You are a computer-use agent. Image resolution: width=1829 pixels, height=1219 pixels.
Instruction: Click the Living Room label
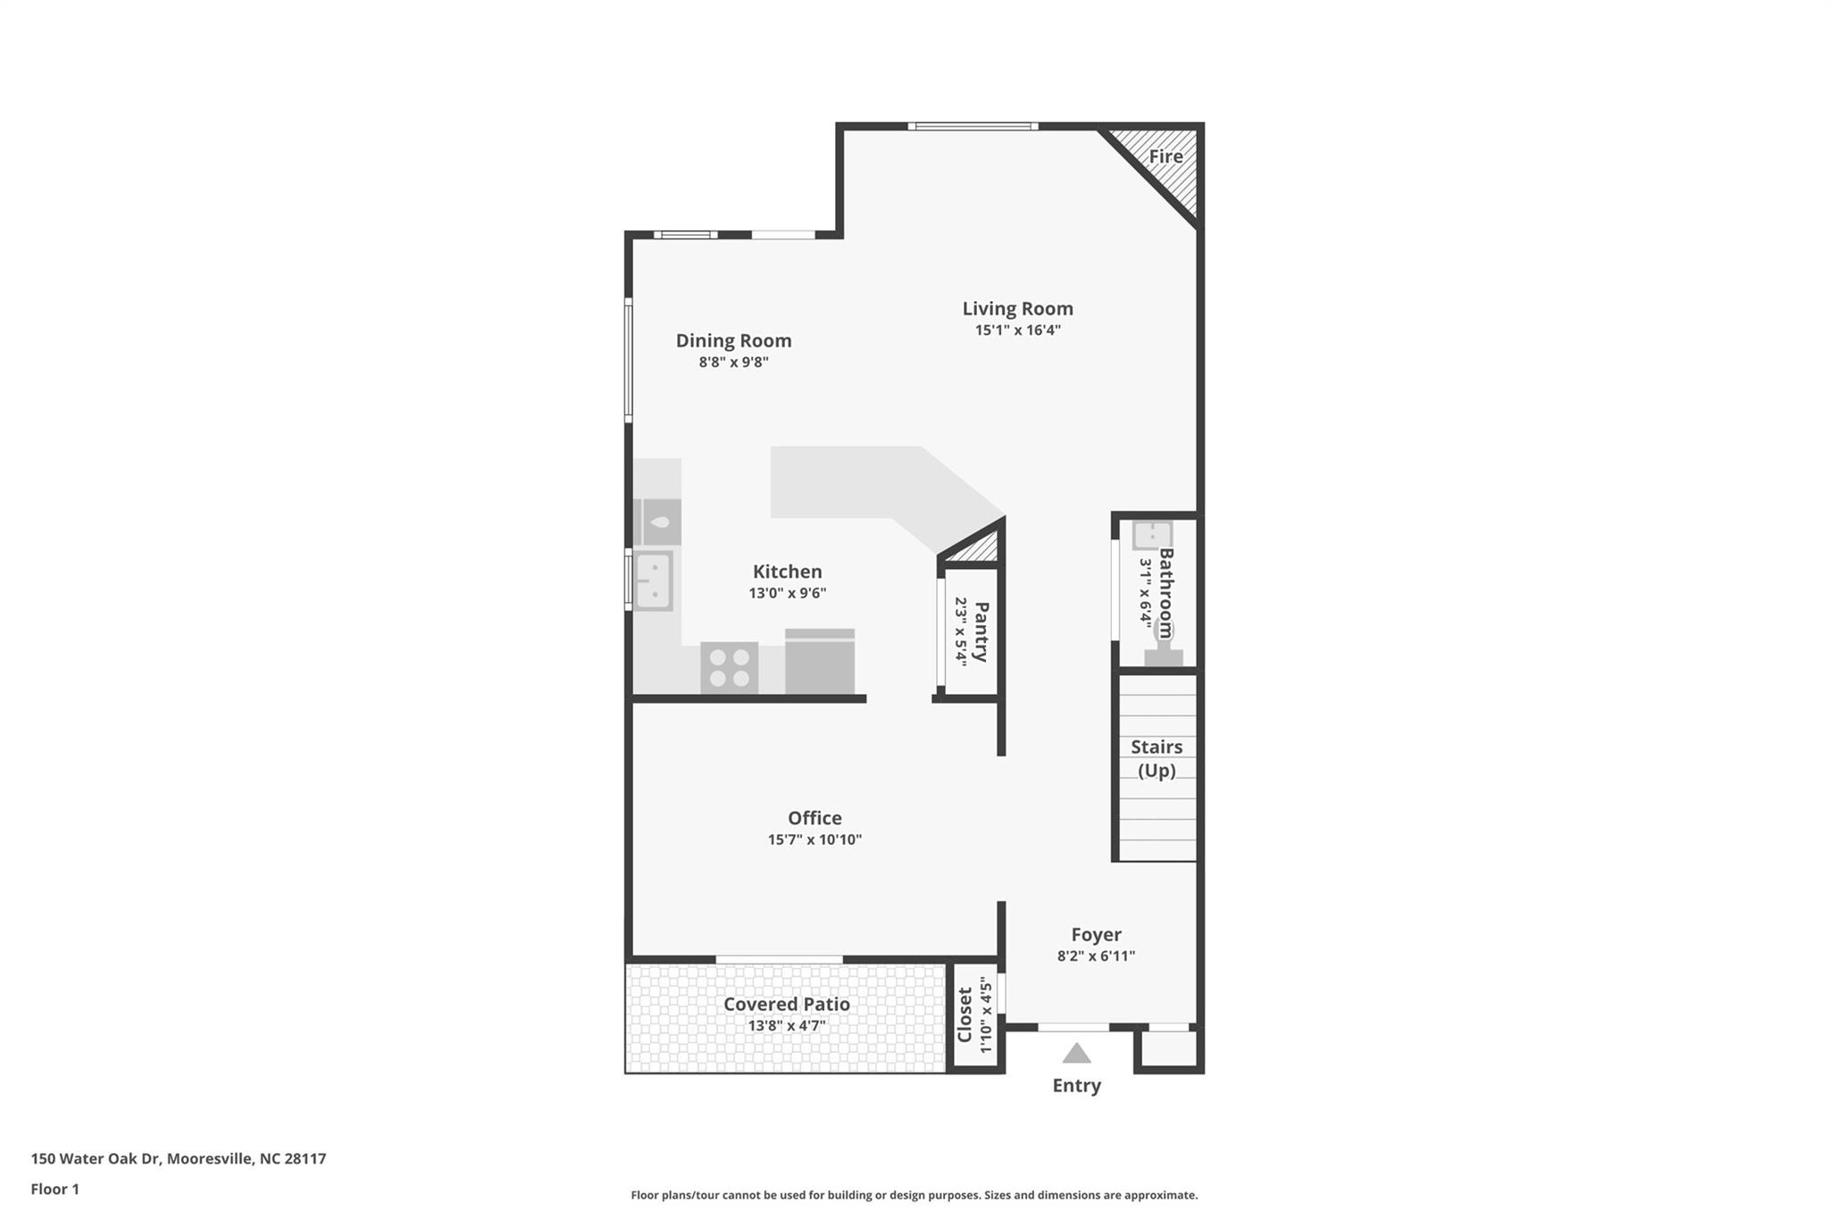point(1017,309)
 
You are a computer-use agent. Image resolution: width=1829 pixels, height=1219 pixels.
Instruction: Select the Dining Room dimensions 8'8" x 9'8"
point(733,363)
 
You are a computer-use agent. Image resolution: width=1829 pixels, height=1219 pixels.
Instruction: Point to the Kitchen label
point(787,572)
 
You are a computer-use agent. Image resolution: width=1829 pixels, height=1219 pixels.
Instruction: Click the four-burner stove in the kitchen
point(729,667)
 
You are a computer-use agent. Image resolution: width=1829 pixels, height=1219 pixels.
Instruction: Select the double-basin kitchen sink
point(653,580)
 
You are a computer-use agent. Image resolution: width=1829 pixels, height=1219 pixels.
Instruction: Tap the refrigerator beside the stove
point(820,662)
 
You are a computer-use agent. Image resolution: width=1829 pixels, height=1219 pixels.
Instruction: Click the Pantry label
point(981,631)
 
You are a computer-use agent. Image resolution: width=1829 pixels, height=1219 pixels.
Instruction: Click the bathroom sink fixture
point(1151,536)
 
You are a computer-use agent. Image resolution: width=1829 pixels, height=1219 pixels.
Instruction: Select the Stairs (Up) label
point(1157,758)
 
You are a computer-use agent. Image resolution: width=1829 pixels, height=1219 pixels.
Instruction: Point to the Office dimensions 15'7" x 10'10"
point(814,839)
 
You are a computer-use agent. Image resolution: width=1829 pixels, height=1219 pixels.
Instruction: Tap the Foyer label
point(1096,935)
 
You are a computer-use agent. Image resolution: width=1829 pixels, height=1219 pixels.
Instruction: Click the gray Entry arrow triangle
point(1076,1054)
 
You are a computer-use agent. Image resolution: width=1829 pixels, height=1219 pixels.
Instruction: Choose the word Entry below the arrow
point(1076,1086)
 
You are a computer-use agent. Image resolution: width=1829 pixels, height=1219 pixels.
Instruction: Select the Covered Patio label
point(786,1004)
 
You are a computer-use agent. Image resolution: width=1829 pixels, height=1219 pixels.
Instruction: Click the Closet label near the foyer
point(965,1014)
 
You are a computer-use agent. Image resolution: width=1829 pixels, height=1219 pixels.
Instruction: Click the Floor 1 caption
point(54,1190)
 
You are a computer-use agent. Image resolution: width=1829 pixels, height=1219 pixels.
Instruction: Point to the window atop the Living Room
point(973,127)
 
